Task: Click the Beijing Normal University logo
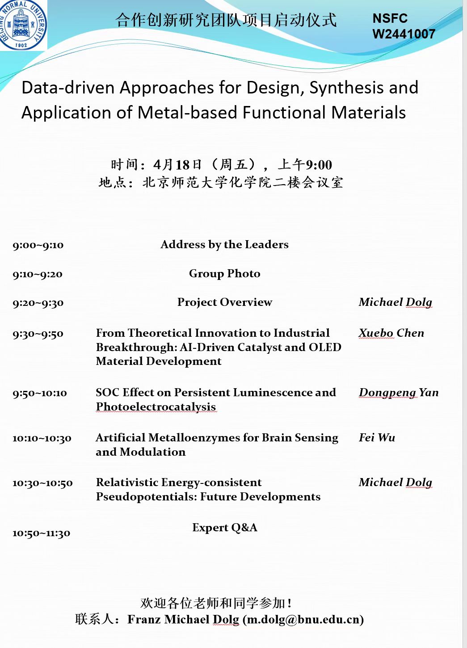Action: click(23, 25)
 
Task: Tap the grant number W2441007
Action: click(404, 34)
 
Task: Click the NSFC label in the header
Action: click(390, 18)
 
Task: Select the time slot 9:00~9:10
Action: click(38, 245)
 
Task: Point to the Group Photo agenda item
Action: click(224, 273)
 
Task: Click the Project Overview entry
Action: click(224, 302)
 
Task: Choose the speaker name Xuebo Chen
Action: click(391, 333)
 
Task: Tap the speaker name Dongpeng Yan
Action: click(398, 393)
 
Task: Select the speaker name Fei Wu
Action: click(377, 438)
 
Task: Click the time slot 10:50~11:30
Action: click(41, 533)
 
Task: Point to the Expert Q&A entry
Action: click(224, 528)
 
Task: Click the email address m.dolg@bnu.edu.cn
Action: click(303, 619)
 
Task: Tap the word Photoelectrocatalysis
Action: click(156, 407)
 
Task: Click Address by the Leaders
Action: click(224, 245)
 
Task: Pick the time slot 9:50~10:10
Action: click(39, 393)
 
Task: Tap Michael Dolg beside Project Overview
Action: click(395, 302)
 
